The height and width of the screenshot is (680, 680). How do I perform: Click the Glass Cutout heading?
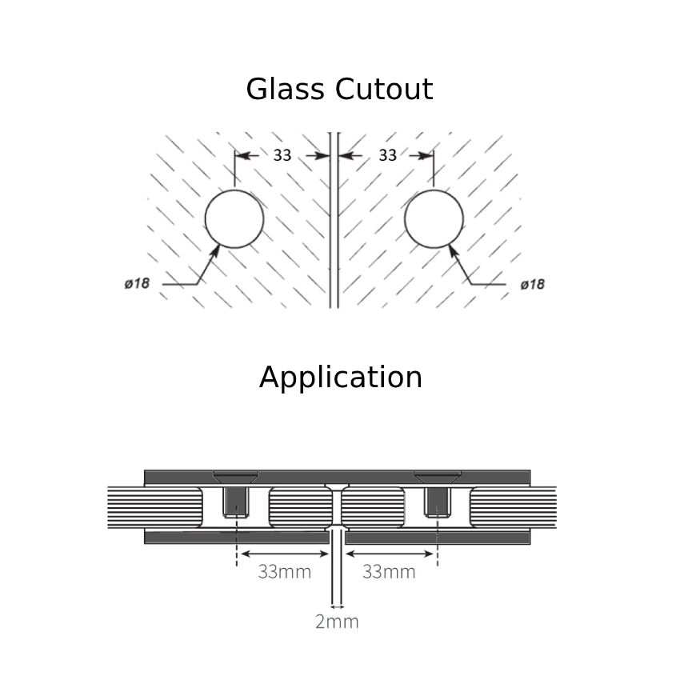point(339,89)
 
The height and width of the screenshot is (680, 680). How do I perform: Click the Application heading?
point(340,377)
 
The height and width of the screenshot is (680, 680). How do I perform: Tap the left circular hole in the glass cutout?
point(234,218)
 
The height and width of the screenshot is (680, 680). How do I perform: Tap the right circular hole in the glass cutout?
point(434,218)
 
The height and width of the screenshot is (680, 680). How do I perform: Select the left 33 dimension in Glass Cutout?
point(282,155)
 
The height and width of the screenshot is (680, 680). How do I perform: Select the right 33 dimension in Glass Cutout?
point(387,155)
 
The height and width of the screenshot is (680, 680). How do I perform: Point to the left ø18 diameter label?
point(137,283)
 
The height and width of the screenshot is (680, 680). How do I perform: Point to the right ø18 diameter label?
point(532,284)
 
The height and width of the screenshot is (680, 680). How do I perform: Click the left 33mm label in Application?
point(285,571)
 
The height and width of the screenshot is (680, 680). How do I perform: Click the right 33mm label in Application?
point(389,571)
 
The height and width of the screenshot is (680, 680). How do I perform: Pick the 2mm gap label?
point(337,622)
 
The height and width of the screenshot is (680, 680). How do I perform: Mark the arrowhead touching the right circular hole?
point(452,250)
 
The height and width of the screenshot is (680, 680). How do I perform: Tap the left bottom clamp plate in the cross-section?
point(236,538)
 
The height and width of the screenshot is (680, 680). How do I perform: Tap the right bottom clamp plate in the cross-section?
point(438,538)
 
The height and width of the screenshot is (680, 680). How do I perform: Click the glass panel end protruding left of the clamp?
point(126,507)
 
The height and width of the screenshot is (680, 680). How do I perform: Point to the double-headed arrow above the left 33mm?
point(285,554)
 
